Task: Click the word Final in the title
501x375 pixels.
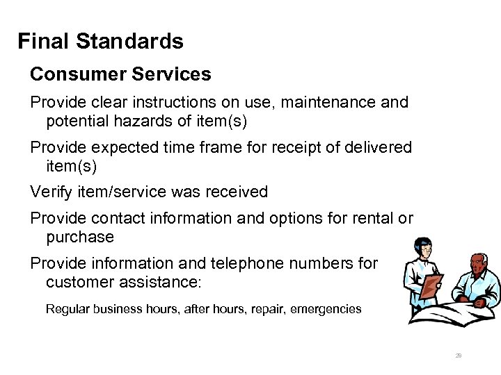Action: click(44, 42)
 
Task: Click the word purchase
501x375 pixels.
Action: click(80, 237)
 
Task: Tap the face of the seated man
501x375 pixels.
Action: click(476, 267)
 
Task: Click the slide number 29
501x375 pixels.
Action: click(459, 356)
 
